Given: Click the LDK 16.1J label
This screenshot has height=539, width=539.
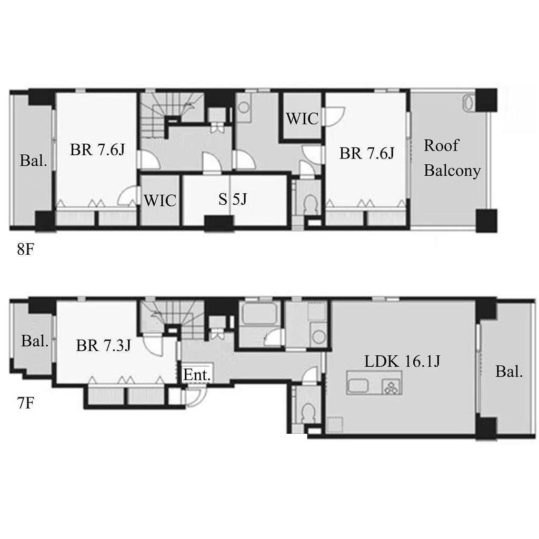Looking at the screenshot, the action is point(402,361).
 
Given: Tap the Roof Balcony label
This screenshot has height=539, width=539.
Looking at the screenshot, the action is point(452,158).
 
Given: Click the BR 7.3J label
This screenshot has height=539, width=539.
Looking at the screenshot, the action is point(103,345).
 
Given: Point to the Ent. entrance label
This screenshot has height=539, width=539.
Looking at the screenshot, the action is point(196,375).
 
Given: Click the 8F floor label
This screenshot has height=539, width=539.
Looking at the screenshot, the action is point(25,249).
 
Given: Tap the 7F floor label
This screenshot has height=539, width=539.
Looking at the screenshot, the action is point(25,403).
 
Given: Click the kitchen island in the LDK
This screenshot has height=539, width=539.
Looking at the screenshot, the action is point(374,382).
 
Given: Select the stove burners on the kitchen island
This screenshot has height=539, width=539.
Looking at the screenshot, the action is point(392,386).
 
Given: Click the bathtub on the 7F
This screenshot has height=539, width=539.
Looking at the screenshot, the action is point(259,314).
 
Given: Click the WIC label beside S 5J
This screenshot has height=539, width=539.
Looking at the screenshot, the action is point(160,201).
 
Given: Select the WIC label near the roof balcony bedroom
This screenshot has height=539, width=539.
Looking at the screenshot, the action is point(302,118).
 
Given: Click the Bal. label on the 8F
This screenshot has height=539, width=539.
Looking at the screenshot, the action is point(33,161).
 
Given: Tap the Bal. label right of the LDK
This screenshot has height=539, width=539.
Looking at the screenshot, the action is point(509,372).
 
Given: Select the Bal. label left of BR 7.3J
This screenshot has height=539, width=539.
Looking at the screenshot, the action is point(35,341).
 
